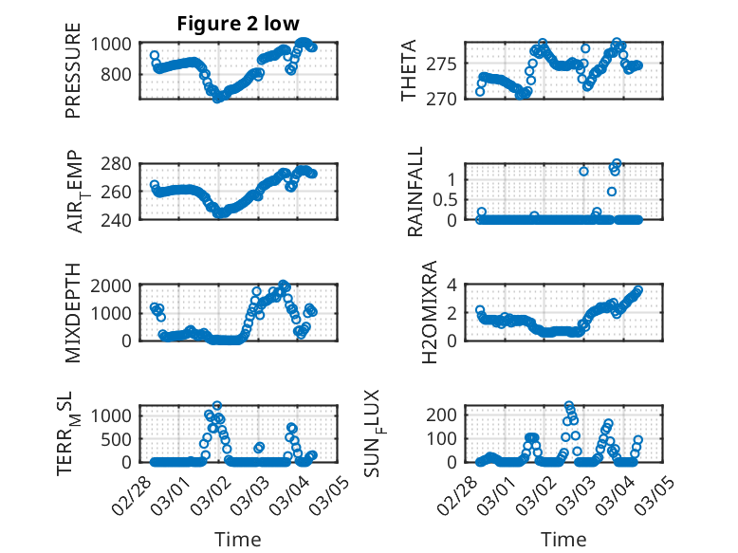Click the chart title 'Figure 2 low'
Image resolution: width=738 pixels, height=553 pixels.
(238, 24)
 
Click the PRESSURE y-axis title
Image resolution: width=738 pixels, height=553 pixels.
(73, 78)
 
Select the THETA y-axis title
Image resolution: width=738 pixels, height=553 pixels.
(409, 71)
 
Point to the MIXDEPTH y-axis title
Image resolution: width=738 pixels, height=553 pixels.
(73, 312)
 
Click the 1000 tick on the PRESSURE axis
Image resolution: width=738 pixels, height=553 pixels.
(115, 44)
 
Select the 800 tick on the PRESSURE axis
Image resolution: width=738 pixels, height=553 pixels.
(120, 74)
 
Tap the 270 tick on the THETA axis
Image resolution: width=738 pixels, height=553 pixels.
(447, 99)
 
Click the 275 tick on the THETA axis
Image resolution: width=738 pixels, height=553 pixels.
(447, 65)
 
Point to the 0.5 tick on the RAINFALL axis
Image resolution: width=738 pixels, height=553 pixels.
(444, 199)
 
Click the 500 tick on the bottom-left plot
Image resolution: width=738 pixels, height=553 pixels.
(120, 439)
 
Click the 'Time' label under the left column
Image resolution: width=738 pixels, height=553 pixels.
(238, 540)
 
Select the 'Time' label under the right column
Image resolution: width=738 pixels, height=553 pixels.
(563, 540)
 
